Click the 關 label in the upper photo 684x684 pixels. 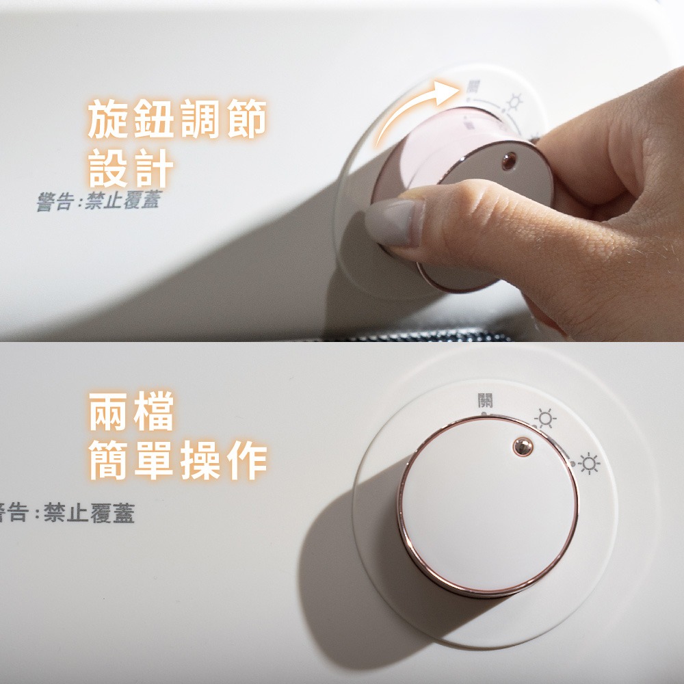point(473,86)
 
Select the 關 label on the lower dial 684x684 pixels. point(485,400)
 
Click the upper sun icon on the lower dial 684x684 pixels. point(545,419)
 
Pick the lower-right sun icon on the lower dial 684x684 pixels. point(589,463)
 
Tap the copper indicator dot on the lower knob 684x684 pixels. point(523,446)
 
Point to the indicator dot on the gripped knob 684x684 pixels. point(509,161)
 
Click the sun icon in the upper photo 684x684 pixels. point(515,103)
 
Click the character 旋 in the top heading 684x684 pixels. point(109,118)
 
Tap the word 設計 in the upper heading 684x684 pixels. point(131,168)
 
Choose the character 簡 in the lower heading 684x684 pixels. point(109,460)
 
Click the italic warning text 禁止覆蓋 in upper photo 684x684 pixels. point(123,200)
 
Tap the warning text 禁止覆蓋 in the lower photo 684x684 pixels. point(90,512)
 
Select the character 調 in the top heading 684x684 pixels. point(200,118)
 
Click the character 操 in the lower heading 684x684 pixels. point(200,460)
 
